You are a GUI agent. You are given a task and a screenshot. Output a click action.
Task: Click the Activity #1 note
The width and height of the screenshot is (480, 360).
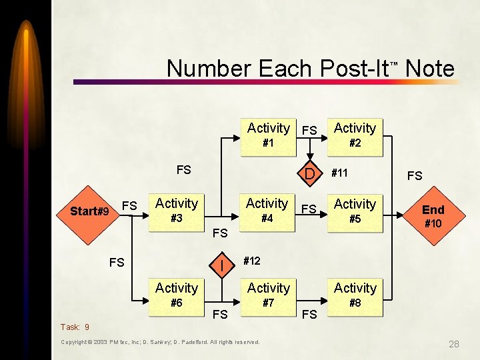[x=268, y=135]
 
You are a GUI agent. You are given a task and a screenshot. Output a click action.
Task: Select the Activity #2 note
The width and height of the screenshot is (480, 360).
[x=355, y=135]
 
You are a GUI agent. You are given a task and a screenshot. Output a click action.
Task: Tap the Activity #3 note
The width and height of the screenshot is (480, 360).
[x=177, y=211]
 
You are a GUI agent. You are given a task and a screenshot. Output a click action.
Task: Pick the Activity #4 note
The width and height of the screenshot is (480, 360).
[x=267, y=211]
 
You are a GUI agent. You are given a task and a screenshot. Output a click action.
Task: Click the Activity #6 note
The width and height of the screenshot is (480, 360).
[x=177, y=295]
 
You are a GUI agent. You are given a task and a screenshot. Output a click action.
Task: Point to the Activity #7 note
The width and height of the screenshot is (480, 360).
[x=268, y=295]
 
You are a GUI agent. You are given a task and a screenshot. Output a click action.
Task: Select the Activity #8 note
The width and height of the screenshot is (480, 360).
[x=355, y=295]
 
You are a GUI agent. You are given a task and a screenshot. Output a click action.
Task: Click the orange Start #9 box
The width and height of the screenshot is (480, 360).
[x=89, y=211]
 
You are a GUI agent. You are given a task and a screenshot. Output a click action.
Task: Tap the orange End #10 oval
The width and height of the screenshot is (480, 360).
[x=433, y=215]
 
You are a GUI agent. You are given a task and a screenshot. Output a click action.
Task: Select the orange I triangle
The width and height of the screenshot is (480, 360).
[x=221, y=265]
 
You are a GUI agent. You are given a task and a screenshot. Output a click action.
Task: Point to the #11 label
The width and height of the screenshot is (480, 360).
[x=339, y=173]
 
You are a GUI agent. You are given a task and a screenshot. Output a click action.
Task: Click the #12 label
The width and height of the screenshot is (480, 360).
[x=251, y=261]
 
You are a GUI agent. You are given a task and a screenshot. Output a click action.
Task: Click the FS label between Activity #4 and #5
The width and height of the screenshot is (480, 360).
[x=309, y=209]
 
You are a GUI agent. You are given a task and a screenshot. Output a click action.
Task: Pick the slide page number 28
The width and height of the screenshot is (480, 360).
[x=453, y=344]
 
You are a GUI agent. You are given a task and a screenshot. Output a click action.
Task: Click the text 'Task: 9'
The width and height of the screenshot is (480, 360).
[x=75, y=327]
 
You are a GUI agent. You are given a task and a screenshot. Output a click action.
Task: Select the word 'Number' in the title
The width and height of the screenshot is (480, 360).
[x=208, y=68]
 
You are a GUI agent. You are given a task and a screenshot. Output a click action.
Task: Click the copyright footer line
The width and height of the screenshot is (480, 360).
[x=160, y=342]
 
